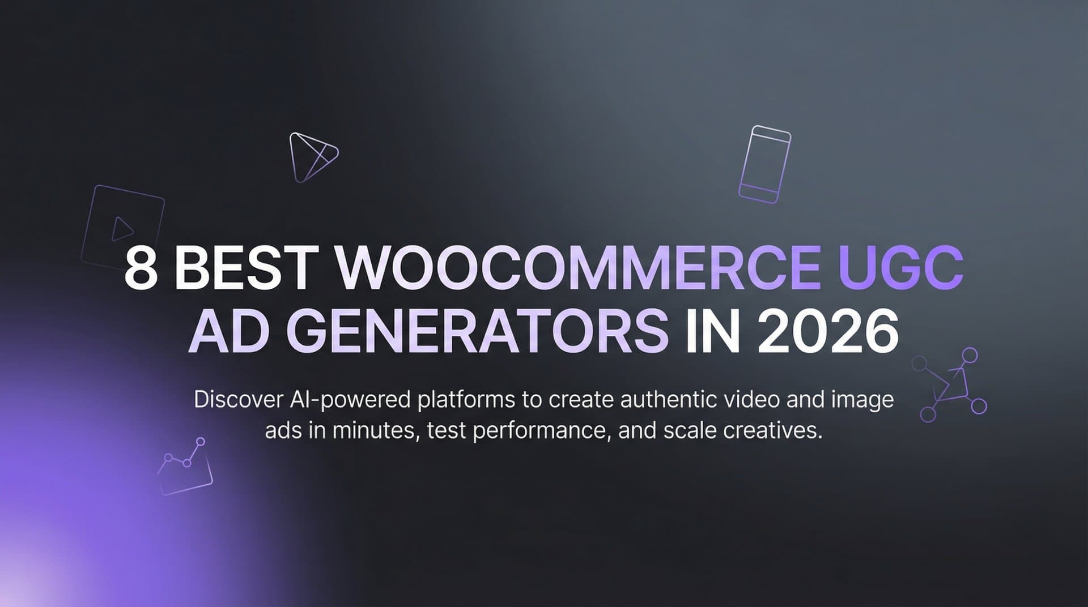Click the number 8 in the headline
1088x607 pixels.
(141, 269)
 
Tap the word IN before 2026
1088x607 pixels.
(712, 332)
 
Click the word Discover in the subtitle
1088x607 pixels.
(238, 400)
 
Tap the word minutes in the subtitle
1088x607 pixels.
(375, 431)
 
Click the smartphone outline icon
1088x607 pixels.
(764, 164)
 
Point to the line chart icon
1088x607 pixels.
(185, 467)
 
